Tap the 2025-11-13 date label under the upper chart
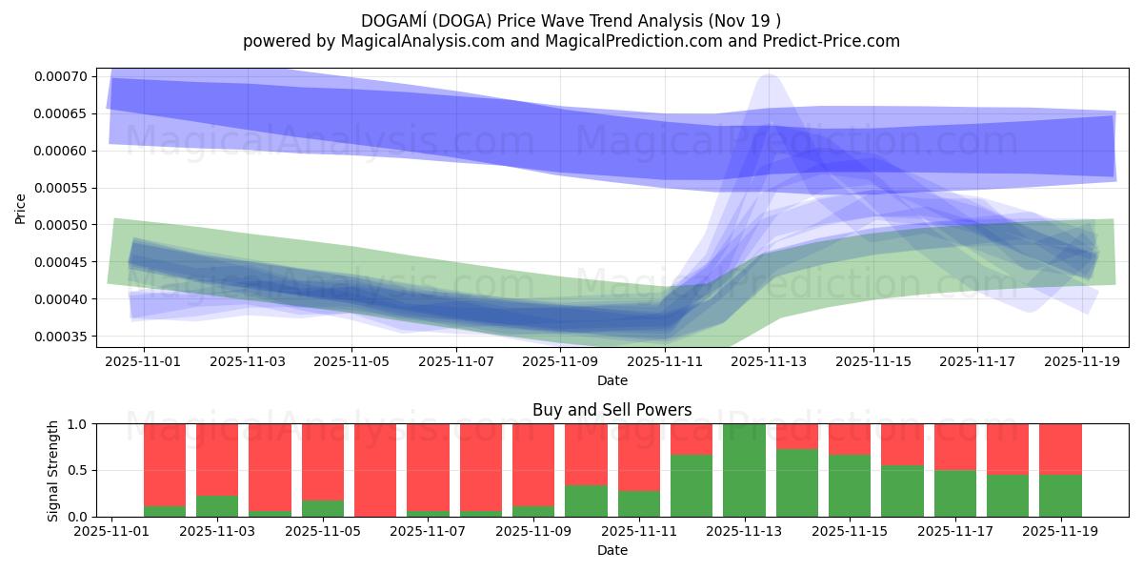(769, 362)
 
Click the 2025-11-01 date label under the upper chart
(144, 362)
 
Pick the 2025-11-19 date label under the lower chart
(1060, 532)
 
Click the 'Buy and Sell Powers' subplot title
(612, 411)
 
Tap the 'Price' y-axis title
(21, 209)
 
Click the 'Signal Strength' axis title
(53, 470)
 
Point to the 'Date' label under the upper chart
(612, 380)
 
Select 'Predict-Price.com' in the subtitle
(836, 41)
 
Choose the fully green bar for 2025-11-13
(743, 470)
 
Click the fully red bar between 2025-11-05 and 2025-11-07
(374, 470)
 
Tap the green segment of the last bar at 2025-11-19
(1060, 496)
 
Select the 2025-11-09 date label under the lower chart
(533, 532)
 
